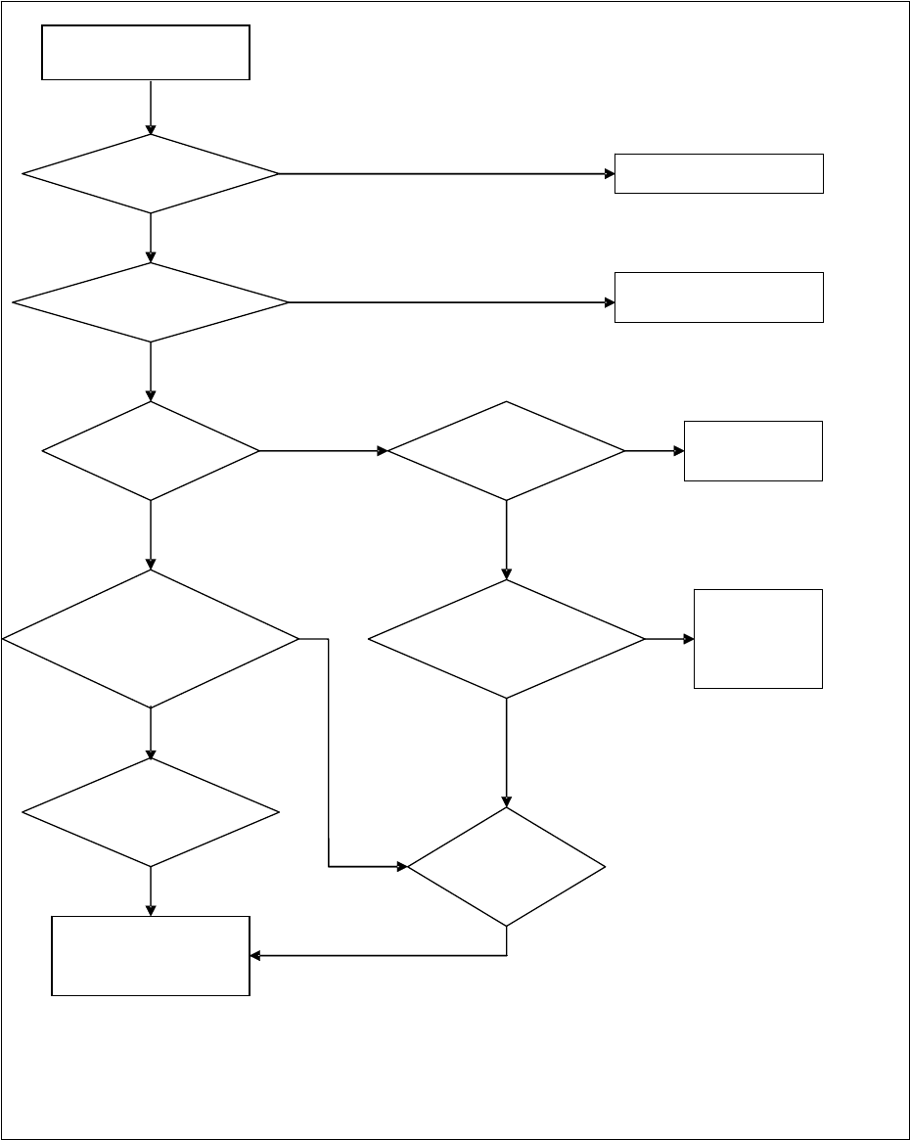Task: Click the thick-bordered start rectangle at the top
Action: [146, 53]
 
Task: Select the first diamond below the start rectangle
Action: [151, 174]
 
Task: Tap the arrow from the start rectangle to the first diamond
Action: [151, 107]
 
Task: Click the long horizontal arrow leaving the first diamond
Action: [445, 174]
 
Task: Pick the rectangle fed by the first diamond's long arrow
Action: [718, 174]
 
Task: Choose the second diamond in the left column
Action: [151, 302]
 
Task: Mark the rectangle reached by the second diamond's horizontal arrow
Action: [718, 297]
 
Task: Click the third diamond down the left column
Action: [151, 451]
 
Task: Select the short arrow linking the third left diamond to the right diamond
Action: [323, 451]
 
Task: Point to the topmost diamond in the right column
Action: [506, 451]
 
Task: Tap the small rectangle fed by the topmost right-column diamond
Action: [752, 451]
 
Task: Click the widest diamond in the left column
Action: [151, 639]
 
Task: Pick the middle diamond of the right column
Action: [506, 639]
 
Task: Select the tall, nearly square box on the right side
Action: [757, 639]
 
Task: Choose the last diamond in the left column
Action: [151, 812]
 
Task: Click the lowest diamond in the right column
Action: [506, 866]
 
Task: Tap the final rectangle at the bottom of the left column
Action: [151, 956]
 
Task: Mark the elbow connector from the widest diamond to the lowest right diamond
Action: [328, 753]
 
